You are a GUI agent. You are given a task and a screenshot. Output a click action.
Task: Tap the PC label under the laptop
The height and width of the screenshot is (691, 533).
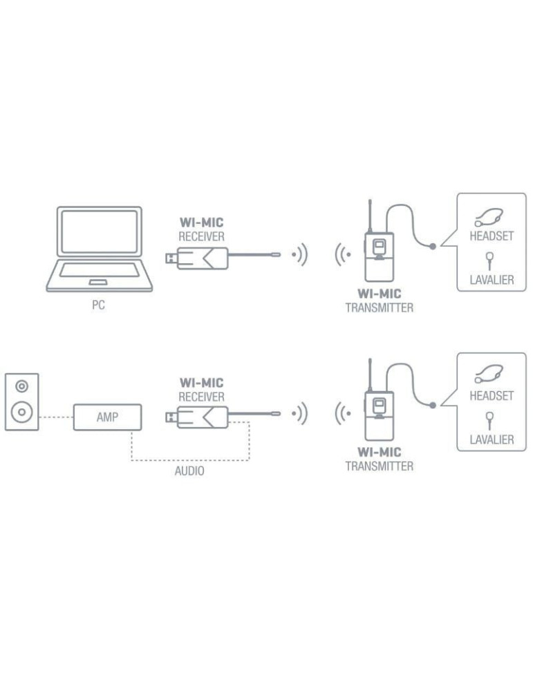point(98,305)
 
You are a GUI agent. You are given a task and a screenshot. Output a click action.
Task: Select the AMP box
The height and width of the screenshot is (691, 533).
point(108,417)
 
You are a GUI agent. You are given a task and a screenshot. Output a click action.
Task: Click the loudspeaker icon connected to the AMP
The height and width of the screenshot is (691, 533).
point(22,402)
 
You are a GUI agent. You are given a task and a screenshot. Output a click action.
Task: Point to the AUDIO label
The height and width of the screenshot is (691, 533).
point(189,472)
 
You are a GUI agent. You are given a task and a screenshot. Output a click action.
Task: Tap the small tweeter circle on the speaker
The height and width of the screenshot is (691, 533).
point(22,386)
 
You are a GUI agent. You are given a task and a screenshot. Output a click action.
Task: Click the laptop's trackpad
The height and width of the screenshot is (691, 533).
point(98,281)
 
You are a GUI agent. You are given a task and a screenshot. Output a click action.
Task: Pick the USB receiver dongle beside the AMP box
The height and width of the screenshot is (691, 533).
point(197,417)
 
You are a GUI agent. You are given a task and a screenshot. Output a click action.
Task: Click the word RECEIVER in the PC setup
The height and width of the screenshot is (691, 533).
point(201,237)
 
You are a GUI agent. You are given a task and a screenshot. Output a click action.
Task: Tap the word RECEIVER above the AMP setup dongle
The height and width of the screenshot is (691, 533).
point(201,397)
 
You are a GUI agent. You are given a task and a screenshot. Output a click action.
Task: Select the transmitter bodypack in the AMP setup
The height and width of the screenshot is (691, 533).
point(378,413)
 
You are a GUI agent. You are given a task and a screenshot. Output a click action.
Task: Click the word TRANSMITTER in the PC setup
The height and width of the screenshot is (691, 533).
point(379,308)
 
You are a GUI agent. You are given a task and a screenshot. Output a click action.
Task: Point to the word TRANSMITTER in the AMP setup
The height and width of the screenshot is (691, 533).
point(379,466)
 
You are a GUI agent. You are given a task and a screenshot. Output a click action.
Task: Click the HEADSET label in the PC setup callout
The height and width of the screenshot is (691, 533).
point(492,236)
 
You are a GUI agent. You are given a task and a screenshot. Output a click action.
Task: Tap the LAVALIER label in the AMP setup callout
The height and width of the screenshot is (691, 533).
point(492,439)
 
